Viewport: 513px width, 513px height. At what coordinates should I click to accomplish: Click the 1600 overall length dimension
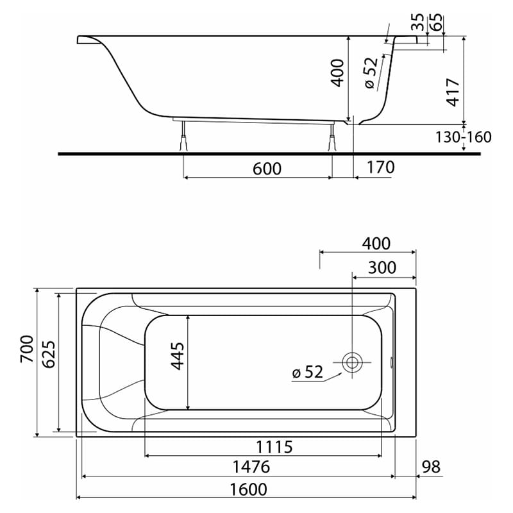pyautogui.click(x=247, y=489)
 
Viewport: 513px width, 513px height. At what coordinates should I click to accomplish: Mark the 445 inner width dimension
pyautogui.click(x=178, y=355)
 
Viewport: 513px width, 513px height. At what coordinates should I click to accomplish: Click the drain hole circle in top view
pyautogui.click(x=352, y=362)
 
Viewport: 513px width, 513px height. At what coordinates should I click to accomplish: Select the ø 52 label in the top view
pyautogui.click(x=308, y=372)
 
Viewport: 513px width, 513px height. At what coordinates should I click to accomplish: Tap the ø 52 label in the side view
pyautogui.click(x=370, y=73)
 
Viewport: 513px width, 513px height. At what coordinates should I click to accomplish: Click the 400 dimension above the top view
pyautogui.click(x=375, y=244)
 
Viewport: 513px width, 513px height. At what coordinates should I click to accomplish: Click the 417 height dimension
pyautogui.click(x=453, y=92)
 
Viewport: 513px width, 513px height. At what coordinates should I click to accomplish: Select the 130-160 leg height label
pyautogui.click(x=463, y=137)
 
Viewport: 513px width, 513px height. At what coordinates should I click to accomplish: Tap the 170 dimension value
pyautogui.click(x=380, y=168)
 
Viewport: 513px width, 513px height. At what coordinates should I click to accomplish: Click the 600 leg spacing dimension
pyautogui.click(x=267, y=168)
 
